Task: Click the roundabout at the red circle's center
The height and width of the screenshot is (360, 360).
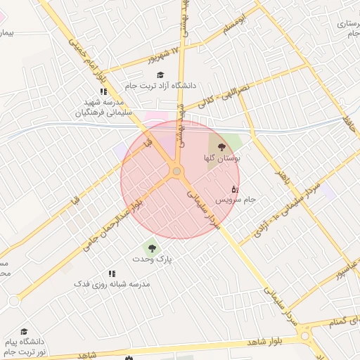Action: coord(176,172)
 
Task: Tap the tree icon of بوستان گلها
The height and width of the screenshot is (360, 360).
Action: coord(222,148)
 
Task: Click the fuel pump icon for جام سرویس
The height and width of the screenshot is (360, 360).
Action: coord(235,189)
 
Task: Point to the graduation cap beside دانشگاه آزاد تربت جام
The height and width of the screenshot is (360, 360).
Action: coord(160,75)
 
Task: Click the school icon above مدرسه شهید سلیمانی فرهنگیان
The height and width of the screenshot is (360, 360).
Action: coord(103,91)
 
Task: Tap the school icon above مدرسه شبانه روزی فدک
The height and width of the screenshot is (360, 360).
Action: coord(111,274)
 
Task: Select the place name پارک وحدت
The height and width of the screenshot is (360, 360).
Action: coord(153,259)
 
